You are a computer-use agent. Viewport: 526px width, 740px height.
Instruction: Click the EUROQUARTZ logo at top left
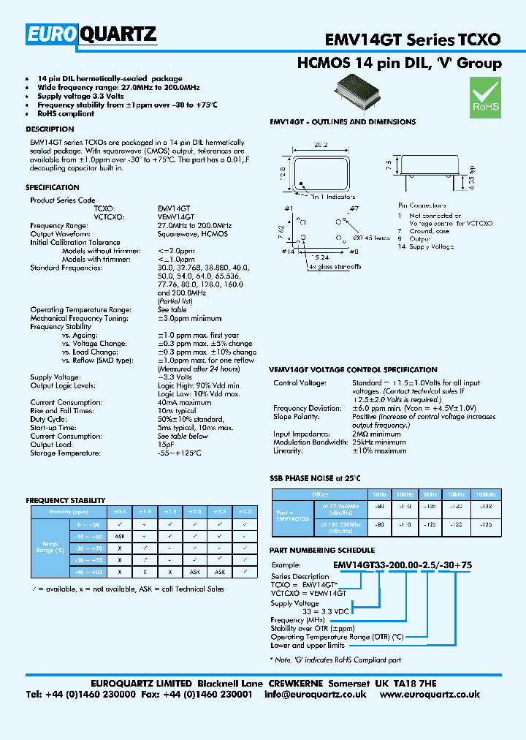click(x=91, y=34)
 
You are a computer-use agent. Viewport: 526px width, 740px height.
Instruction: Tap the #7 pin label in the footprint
click(x=353, y=210)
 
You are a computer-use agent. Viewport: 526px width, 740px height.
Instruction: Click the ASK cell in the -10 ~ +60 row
click(x=120, y=536)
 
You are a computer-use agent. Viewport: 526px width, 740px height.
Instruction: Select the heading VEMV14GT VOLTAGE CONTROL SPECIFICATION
click(x=353, y=370)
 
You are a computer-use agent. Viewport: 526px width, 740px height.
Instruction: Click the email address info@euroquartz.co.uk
click(x=316, y=695)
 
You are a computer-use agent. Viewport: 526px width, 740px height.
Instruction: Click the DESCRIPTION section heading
click(x=50, y=129)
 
